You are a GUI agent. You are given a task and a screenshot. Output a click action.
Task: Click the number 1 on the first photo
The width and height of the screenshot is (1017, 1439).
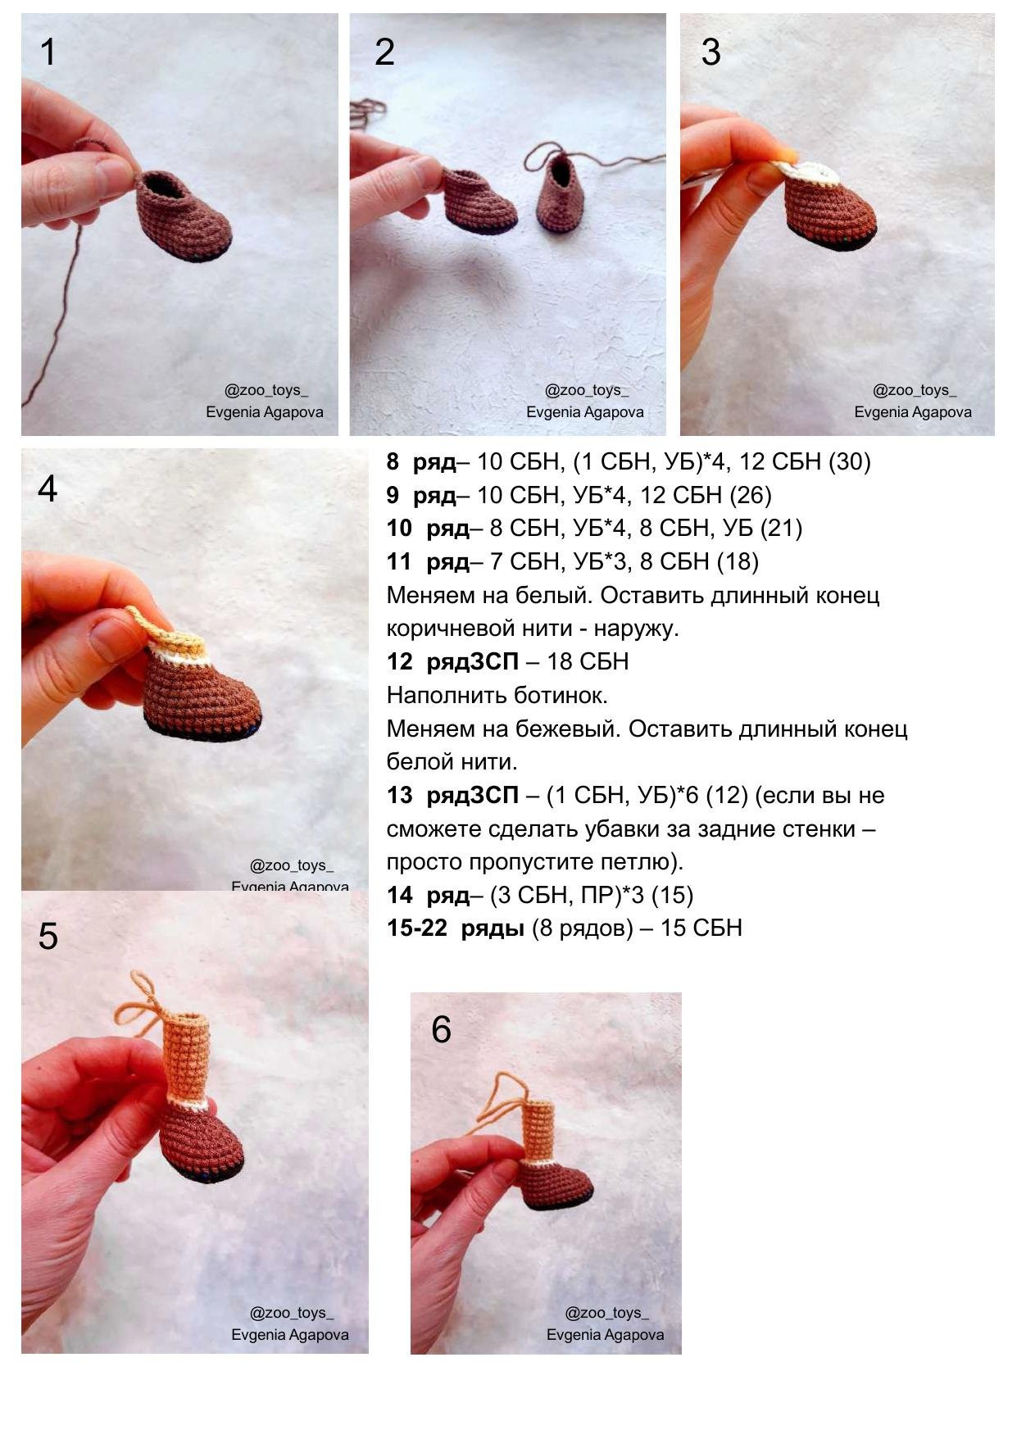point(48,52)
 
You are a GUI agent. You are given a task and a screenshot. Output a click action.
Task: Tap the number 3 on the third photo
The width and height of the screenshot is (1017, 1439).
point(711,52)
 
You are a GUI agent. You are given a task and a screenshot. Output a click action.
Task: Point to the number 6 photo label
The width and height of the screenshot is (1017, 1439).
point(441,1029)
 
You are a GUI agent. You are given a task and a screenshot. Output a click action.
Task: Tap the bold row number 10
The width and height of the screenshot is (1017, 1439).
point(399,529)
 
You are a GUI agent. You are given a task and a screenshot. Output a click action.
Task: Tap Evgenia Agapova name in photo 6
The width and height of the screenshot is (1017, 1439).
point(605,1335)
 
